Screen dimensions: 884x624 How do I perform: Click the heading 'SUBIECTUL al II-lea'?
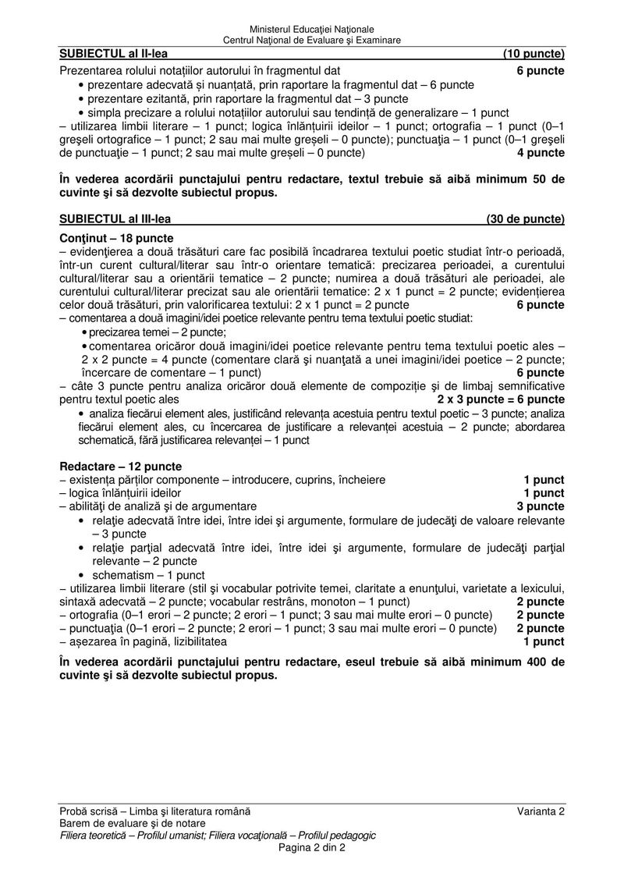click(113, 54)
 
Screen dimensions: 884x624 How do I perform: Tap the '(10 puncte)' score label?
click(534, 54)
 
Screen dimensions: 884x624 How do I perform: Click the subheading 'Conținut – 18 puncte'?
click(116, 238)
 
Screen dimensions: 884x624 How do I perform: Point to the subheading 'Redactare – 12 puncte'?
click(120, 466)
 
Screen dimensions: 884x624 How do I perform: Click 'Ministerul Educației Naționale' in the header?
click(312, 30)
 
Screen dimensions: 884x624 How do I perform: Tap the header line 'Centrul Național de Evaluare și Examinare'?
click(312, 40)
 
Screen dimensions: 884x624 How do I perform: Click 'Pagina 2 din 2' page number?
click(312, 848)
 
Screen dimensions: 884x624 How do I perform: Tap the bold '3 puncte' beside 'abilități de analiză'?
click(541, 506)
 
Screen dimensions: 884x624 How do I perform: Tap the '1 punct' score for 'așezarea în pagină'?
click(544, 641)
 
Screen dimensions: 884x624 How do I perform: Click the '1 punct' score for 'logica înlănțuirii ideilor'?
click(544, 493)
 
